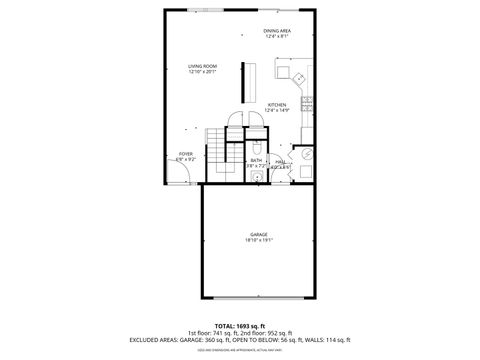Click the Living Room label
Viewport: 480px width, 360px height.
click(203, 66)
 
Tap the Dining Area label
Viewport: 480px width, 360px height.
click(277, 31)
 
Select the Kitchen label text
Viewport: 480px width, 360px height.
click(277, 104)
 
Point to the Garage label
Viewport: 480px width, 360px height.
click(259, 235)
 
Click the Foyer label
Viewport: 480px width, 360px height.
click(186, 153)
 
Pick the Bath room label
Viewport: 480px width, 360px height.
click(256, 160)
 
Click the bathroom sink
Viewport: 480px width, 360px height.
click(257, 176)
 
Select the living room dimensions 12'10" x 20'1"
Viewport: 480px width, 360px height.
click(203, 72)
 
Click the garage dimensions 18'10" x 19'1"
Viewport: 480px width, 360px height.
click(259, 241)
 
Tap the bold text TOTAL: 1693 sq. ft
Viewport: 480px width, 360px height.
click(240, 325)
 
